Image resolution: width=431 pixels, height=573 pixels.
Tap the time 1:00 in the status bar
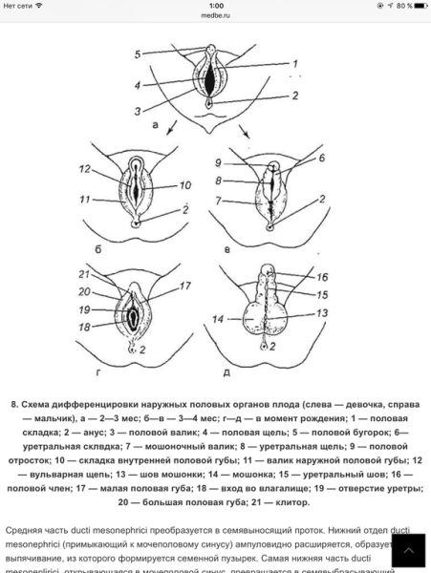pyautogui.click(x=215, y=5)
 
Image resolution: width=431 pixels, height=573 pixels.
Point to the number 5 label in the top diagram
pyautogui.click(x=137, y=53)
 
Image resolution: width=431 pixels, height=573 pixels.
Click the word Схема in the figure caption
pyautogui.click(x=45, y=404)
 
